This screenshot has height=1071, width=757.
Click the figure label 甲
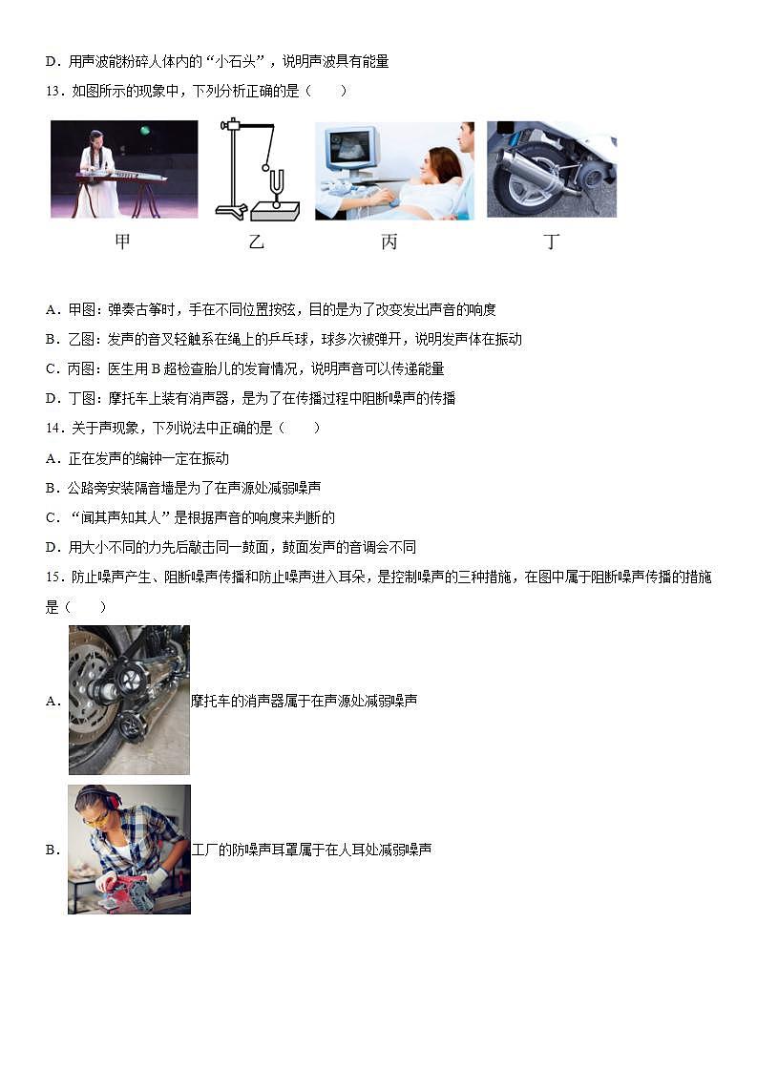click(x=122, y=241)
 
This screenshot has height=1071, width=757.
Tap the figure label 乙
click(x=255, y=241)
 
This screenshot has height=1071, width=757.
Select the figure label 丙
click(x=389, y=241)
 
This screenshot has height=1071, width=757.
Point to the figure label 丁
click(x=551, y=241)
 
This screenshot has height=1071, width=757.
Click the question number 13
click(x=53, y=91)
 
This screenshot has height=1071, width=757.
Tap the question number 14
click(x=53, y=428)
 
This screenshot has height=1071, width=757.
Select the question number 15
click(x=53, y=577)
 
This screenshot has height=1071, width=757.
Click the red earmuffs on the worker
click(x=111, y=800)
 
